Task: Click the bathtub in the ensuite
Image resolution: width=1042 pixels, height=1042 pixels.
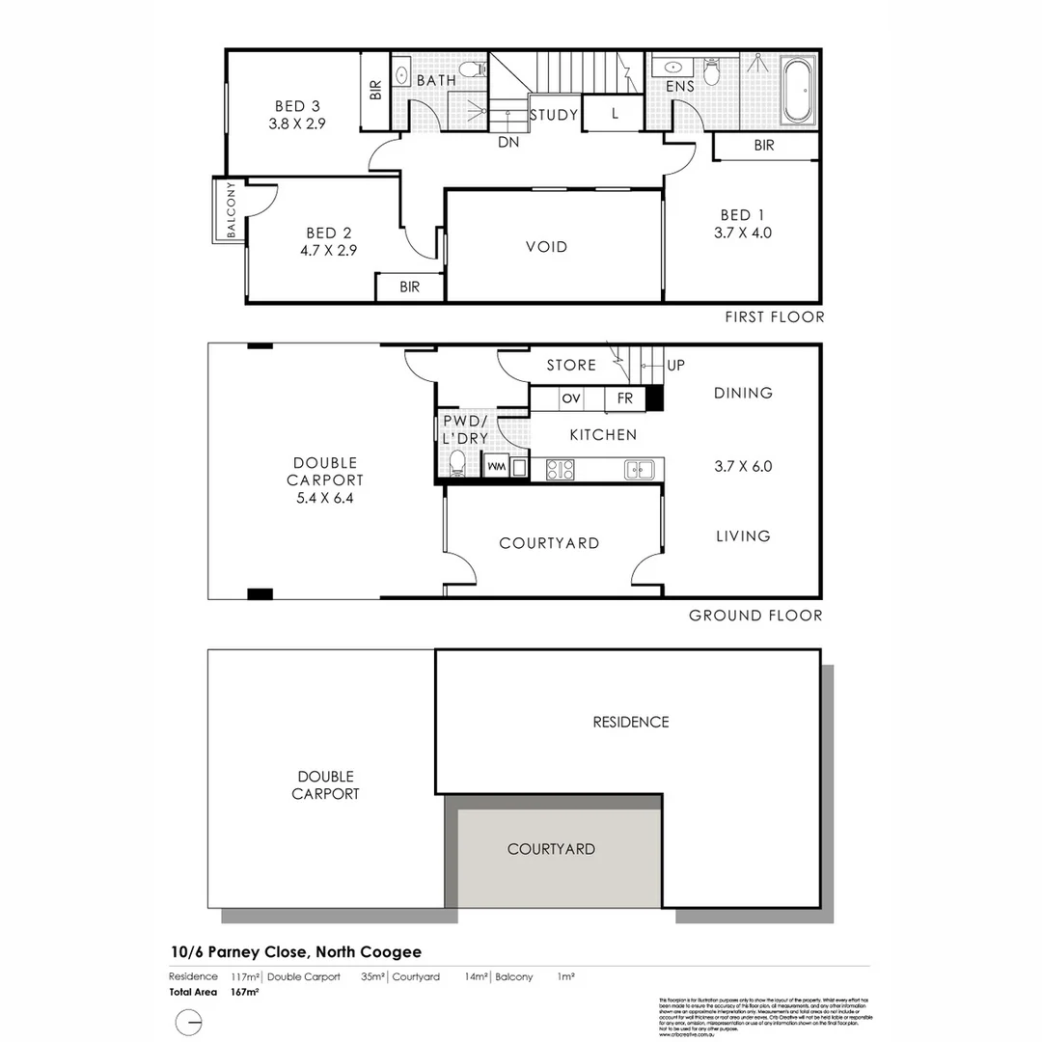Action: click(797, 93)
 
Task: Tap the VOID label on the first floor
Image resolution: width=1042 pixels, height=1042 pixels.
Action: click(546, 247)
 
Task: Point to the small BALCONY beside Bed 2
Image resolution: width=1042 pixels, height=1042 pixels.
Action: click(230, 209)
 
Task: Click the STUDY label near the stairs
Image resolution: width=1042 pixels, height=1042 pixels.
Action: click(554, 115)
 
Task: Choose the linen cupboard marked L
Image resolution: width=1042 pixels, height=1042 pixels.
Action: click(615, 114)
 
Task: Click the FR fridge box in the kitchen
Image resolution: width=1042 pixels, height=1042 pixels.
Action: click(624, 398)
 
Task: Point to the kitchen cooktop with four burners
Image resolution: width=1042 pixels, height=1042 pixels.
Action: click(561, 470)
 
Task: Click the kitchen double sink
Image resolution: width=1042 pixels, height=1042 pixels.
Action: click(640, 470)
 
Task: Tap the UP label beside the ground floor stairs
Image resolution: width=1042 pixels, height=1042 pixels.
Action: click(675, 366)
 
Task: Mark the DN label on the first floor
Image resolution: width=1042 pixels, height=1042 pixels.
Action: click(509, 142)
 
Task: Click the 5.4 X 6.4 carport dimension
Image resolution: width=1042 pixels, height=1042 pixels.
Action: click(326, 498)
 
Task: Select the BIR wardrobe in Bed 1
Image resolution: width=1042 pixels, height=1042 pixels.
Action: click(764, 146)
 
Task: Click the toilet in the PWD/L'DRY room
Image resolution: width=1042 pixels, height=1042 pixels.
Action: click(457, 466)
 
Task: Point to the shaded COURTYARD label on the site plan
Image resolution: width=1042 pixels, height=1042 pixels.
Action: click(551, 849)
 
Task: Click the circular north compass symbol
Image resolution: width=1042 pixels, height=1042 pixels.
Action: click(189, 1022)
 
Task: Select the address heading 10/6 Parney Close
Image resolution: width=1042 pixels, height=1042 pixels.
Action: click(294, 952)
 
